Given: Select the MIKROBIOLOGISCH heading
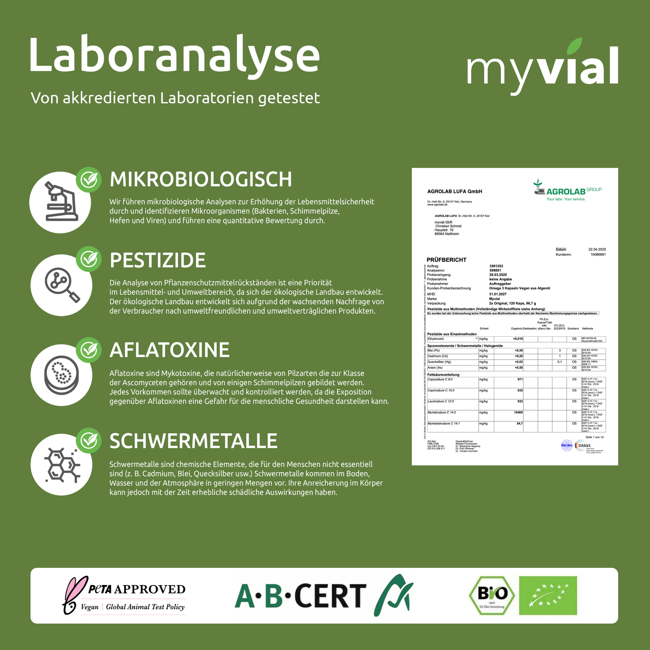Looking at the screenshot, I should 200,179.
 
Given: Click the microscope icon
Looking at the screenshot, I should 60,202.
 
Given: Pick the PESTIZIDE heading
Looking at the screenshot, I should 157,260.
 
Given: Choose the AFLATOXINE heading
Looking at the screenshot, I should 169,350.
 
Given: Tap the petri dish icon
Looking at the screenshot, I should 61,375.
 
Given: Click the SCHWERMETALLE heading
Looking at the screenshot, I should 193,441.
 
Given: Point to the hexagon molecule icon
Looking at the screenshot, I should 62,465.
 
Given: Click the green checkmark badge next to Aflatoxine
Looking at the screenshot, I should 89,350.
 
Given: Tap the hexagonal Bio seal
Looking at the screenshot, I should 492,596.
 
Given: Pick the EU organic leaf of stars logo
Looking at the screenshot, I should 548,596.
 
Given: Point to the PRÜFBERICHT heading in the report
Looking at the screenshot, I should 447,260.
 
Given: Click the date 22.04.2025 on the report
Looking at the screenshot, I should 597,249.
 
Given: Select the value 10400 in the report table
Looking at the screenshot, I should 518,413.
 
